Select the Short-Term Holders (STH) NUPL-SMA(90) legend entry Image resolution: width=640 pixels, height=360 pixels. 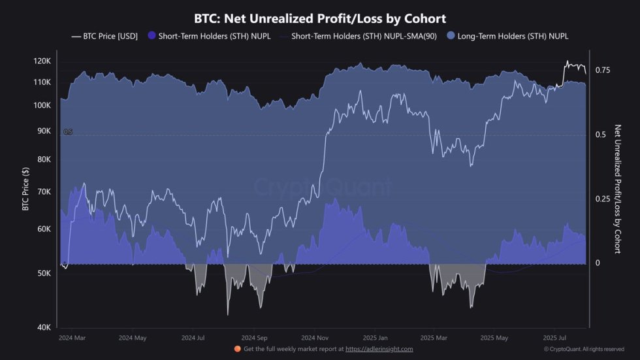click(x=360, y=36)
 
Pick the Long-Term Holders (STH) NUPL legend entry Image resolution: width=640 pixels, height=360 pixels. click(x=507, y=36)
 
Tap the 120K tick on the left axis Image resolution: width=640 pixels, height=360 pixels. click(x=42, y=61)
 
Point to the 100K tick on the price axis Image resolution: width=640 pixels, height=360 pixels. click(x=42, y=105)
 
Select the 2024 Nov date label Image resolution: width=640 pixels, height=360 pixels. click(x=314, y=338)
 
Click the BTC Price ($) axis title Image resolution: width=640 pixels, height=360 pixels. click(x=25, y=189)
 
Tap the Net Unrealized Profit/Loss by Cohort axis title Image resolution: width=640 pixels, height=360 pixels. click(x=617, y=189)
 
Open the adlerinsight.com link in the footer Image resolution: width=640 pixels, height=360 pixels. click(x=379, y=350)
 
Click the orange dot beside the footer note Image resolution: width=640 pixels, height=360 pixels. click(x=238, y=350)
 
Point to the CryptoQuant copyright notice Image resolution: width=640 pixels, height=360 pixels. click(x=584, y=350)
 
